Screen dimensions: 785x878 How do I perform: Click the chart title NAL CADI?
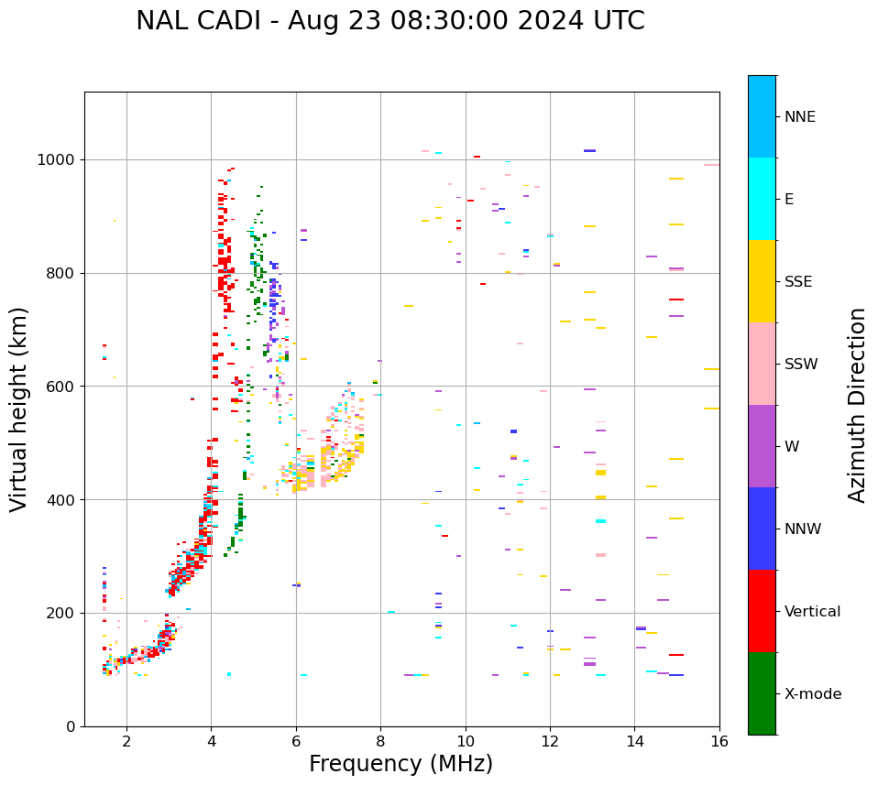(390, 21)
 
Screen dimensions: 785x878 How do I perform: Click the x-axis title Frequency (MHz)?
(401, 764)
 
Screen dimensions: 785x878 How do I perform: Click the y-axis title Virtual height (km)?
(19, 409)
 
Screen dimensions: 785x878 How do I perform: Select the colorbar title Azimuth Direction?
(857, 405)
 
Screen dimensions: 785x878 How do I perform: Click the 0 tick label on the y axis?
(70, 726)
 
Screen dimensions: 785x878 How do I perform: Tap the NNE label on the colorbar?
(799, 117)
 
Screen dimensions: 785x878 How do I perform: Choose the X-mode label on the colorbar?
(813, 694)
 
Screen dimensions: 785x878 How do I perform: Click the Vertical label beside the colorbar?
(813, 612)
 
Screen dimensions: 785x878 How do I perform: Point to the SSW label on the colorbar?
(801, 365)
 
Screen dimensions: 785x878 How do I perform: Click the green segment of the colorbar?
(762, 693)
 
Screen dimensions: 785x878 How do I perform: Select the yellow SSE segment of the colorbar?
(762, 281)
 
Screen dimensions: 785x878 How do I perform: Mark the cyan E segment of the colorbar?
(762, 199)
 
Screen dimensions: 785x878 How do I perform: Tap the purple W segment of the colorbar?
(762, 446)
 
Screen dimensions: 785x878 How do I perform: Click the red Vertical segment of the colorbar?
(762, 611)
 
